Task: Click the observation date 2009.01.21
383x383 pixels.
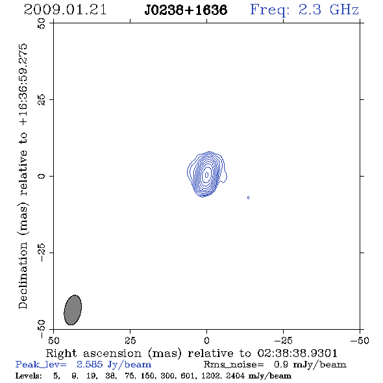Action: pos(65,10)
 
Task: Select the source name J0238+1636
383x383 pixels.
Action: pos(186,10)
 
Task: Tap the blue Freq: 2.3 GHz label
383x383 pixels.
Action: pos(304,10)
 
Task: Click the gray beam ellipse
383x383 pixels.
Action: pos(73,310)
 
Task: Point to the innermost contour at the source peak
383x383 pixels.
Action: pos(206,175)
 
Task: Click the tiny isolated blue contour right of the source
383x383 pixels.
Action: pos(248,197)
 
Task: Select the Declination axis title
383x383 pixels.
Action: pos(23,176)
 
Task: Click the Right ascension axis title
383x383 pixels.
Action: pos(191,353)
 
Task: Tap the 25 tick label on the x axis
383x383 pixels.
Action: pos(130,341)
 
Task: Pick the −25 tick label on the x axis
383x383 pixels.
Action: pos(283,341)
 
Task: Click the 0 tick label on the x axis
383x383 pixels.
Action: pos(206,341)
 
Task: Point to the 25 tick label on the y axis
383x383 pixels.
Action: pos(42,100)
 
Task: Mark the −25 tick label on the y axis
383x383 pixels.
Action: pos(42,253)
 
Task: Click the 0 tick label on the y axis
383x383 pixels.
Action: pos(42,176)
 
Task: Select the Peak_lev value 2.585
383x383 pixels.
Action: pos(90,364)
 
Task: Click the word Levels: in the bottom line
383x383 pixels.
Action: pos(29,375)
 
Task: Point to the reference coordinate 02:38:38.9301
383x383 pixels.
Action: pos(297,353)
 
